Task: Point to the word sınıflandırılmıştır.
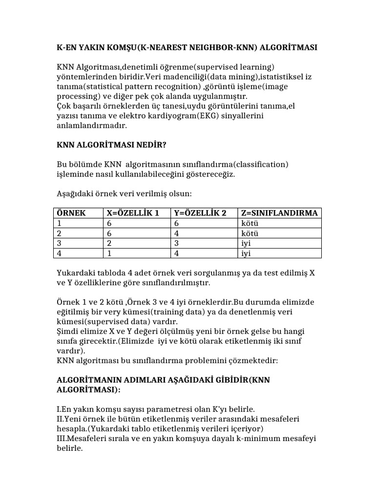(x=181, y=283)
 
